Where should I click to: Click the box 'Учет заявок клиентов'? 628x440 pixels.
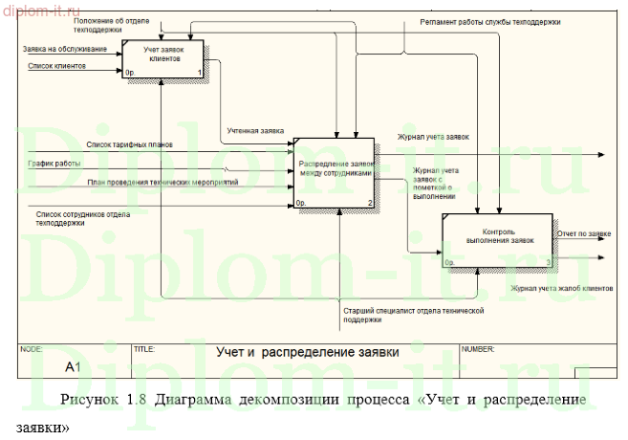coord(163,59)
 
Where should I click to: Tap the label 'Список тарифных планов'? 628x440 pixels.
coord(130,144)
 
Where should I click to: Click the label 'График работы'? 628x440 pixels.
coord(54,163)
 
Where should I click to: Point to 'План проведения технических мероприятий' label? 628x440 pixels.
coord(162,182)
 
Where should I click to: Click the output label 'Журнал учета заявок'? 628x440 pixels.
coord(434,137)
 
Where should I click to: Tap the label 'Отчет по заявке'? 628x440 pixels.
coord(584,232)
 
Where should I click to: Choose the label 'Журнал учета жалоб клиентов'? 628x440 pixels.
coord(561,287)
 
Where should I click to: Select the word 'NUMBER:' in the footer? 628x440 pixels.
coord(478,349)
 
